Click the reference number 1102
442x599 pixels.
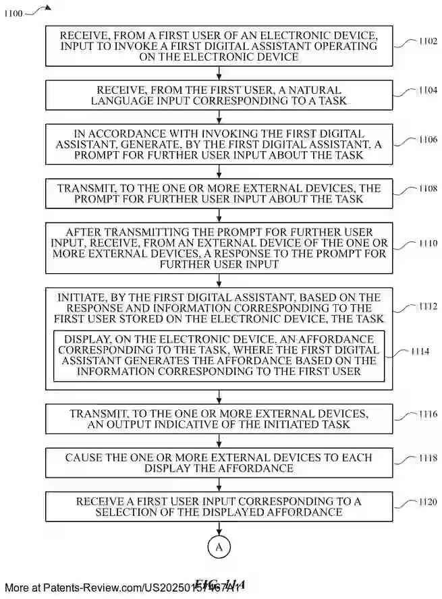pos(426,41)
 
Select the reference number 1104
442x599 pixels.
pos(426,90)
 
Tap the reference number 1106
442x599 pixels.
pos(426,140)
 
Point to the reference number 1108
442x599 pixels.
pos(426,190)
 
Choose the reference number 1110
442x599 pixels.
pos(426,244)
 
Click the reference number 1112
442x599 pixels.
pos(426,307)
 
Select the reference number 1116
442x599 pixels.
pos(426,414)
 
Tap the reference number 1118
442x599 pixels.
pos(426,459)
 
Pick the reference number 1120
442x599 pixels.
pos(426,502)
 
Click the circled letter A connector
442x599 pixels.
pos(219,548)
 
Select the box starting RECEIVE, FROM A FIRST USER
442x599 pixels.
pos(219,46)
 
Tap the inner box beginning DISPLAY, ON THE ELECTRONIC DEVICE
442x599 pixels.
pos(219,356)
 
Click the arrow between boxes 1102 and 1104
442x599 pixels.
pos(219,74)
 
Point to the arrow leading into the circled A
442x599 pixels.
pos(219,528)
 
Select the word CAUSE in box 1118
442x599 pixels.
pos(83,457)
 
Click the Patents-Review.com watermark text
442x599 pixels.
pos(121,588)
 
